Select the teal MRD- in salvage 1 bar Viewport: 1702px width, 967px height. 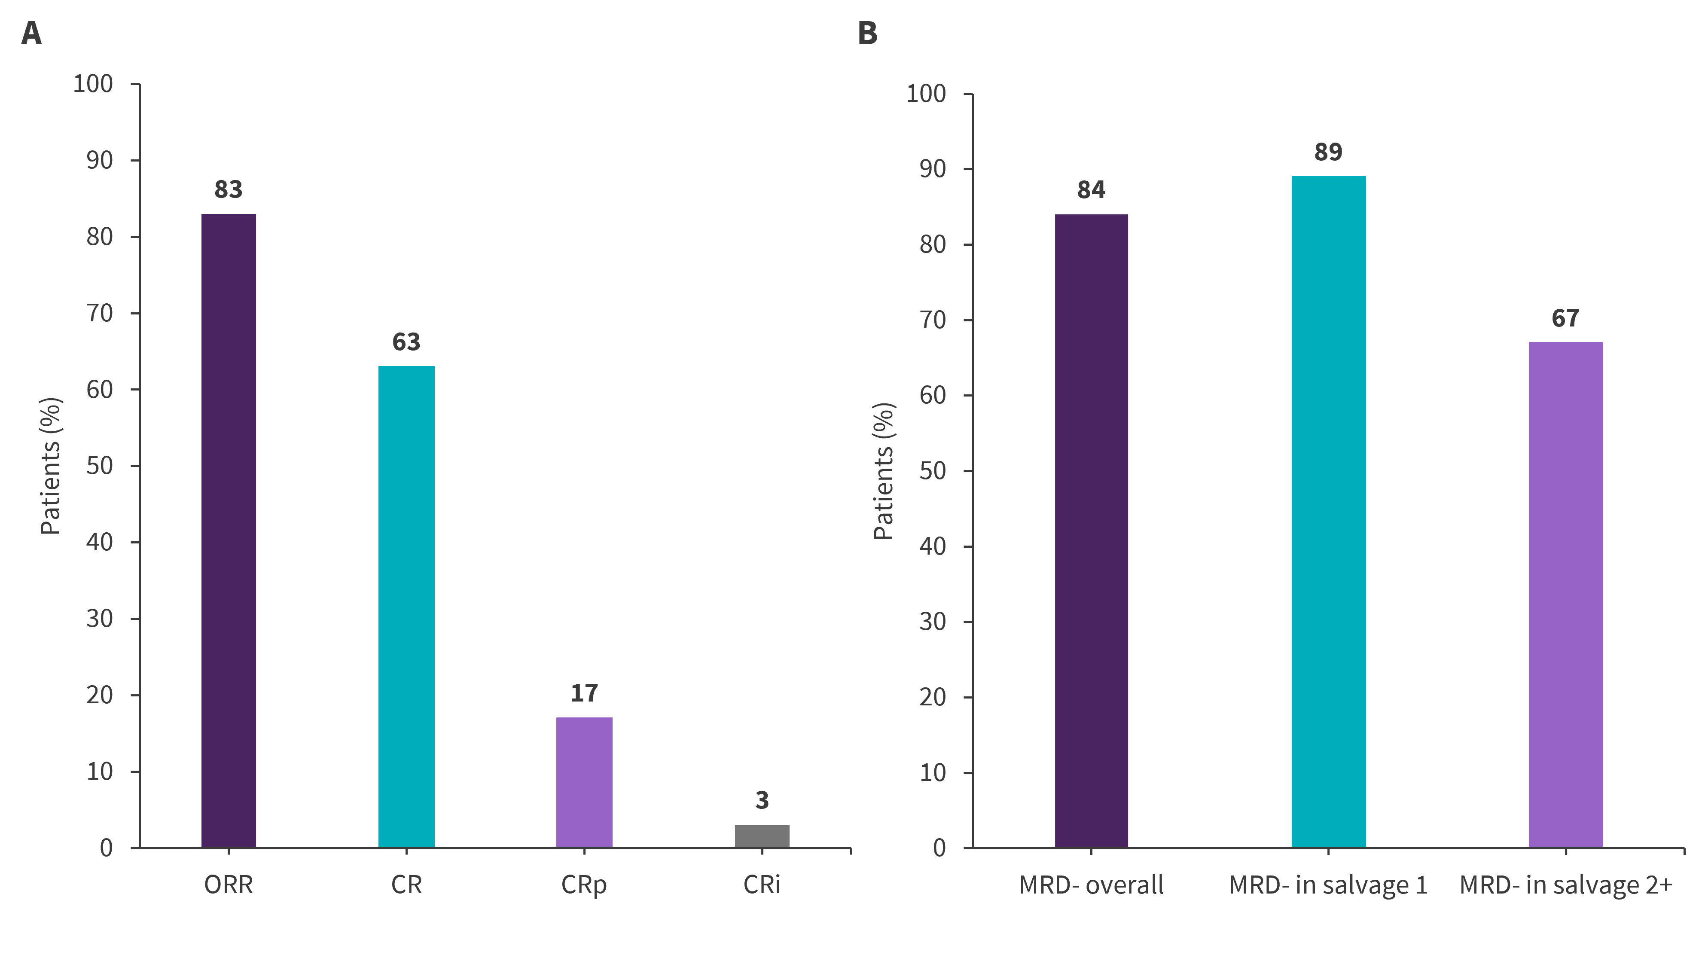(1328, 511)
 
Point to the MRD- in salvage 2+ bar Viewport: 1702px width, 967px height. (1565, 595)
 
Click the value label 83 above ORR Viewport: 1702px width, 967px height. (229, 190)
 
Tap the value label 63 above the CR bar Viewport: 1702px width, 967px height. (406, 342)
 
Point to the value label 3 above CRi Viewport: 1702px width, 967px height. (762, 800)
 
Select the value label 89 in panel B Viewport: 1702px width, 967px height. (1328, 152)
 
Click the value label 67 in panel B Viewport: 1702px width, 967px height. (1565, 318)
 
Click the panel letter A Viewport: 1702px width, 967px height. (31, 33)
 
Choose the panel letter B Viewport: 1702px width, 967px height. (867, 33)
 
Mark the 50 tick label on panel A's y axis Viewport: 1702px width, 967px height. (100, 466)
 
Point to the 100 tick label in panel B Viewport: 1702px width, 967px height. (926, 94)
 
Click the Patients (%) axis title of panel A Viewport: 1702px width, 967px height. (50, 466)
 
